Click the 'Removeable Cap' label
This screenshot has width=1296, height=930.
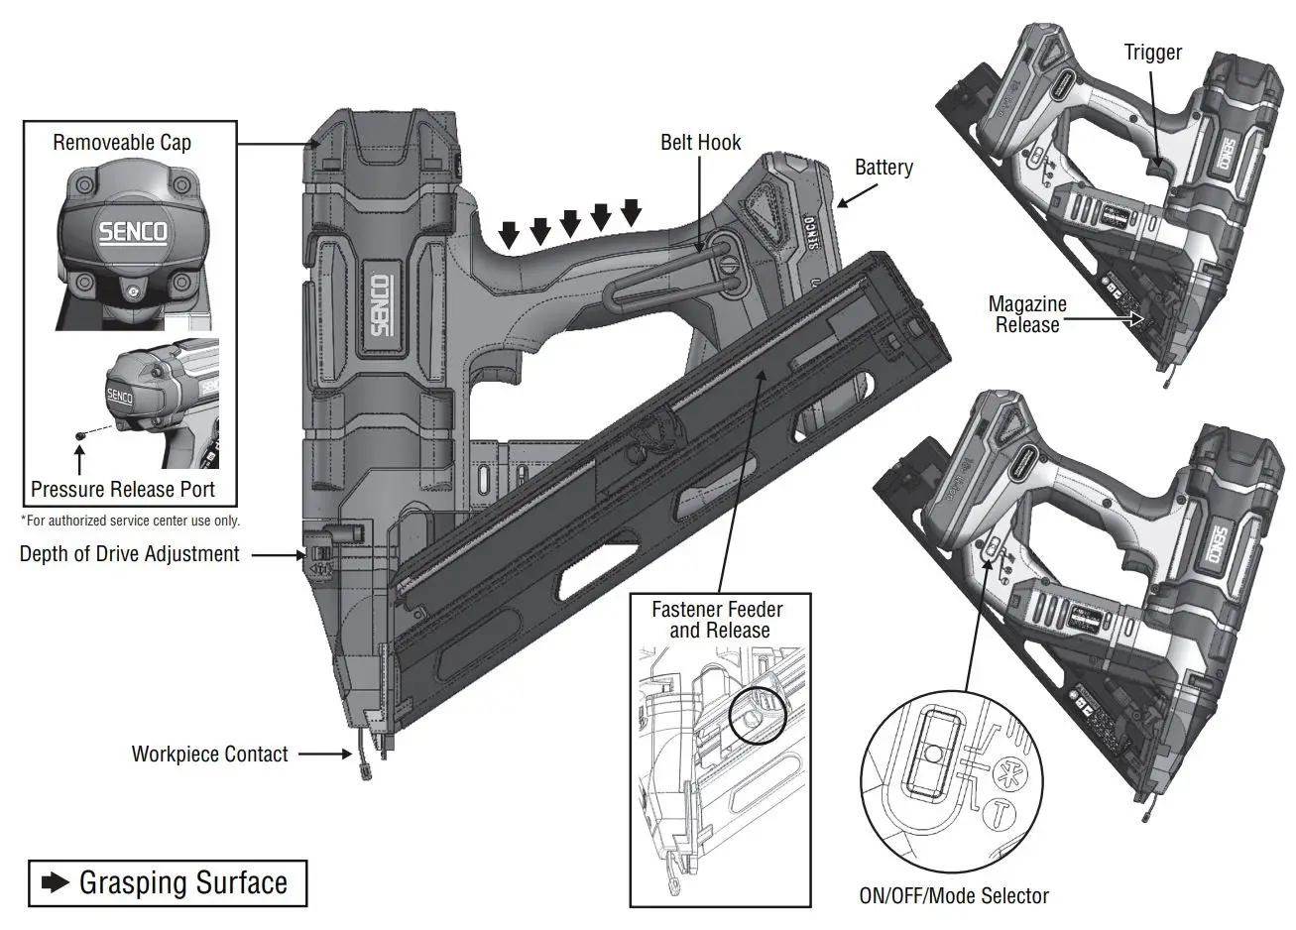click(122, 143)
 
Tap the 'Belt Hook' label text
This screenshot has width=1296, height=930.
click(700, 143)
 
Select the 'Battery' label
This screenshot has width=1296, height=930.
click(883, 168)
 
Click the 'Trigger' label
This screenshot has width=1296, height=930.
click(1152, 53)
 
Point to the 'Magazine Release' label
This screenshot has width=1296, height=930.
click(1027, 314)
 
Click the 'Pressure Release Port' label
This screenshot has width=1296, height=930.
click(123, 489)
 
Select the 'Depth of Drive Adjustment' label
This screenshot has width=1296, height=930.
click(129, 554)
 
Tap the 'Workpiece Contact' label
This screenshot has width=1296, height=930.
click(209, 755)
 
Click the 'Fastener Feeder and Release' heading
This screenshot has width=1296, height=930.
click(717, 620)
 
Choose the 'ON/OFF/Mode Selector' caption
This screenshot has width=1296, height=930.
click(953, 896)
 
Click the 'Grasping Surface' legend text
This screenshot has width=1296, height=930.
click(183, 882)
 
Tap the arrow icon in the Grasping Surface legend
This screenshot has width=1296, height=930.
click(55, 882)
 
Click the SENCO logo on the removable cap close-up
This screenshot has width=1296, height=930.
click(133, 234)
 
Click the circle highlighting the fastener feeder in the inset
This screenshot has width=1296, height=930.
click(757, 714)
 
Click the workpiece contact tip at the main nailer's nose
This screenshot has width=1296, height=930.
click(362, 768)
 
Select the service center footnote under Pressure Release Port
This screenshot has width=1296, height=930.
click(130, 521)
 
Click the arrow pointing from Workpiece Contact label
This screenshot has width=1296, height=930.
click(323, 755)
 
